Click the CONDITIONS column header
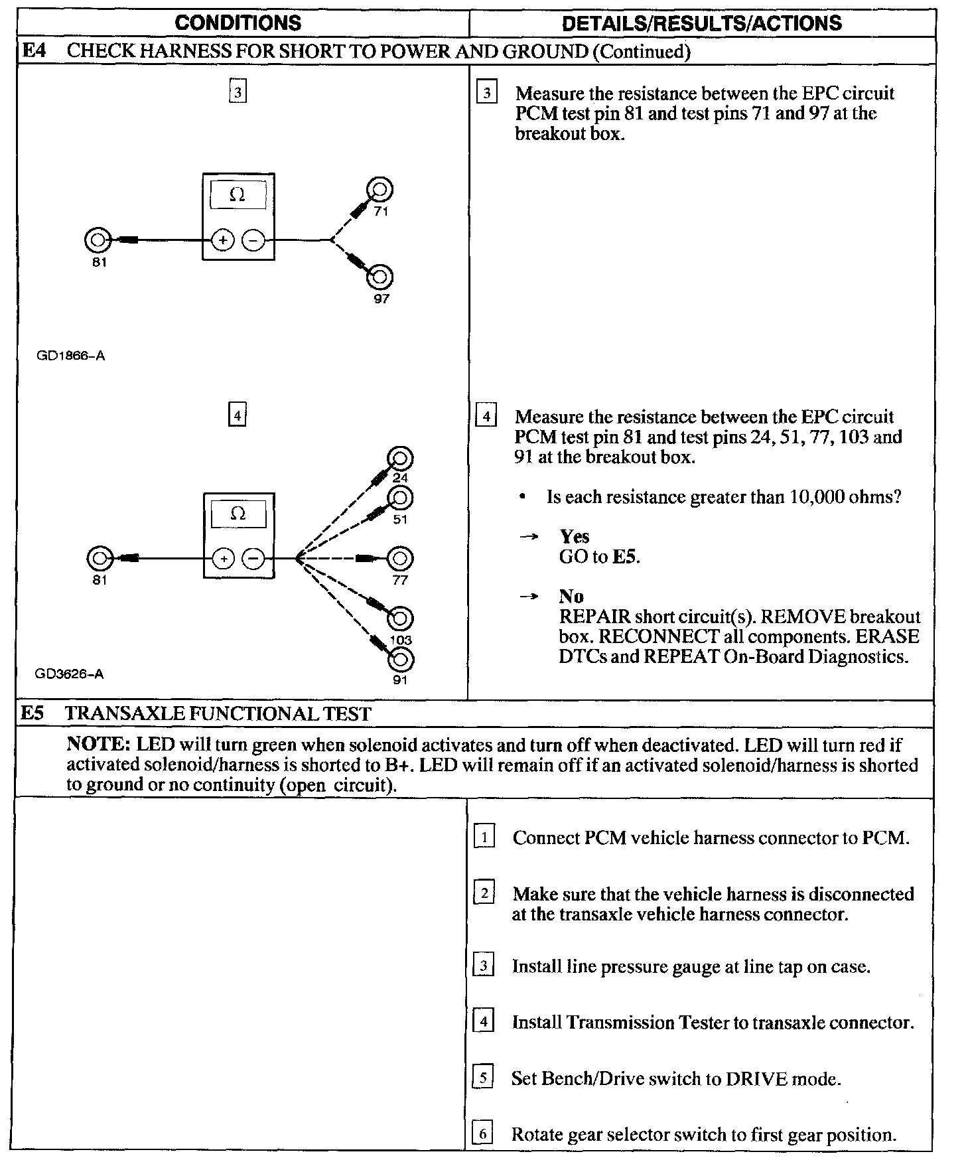238,23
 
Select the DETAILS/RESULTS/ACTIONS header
701,23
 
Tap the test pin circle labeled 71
380,190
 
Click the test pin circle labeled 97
380,277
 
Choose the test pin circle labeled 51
400,498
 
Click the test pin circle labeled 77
400,559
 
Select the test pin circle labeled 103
401,618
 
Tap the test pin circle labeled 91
401,660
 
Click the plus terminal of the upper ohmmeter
223,240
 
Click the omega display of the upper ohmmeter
238,195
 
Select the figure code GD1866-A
71,356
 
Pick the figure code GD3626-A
70,674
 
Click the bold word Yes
575,536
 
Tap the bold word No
571,596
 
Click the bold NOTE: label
99,745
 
